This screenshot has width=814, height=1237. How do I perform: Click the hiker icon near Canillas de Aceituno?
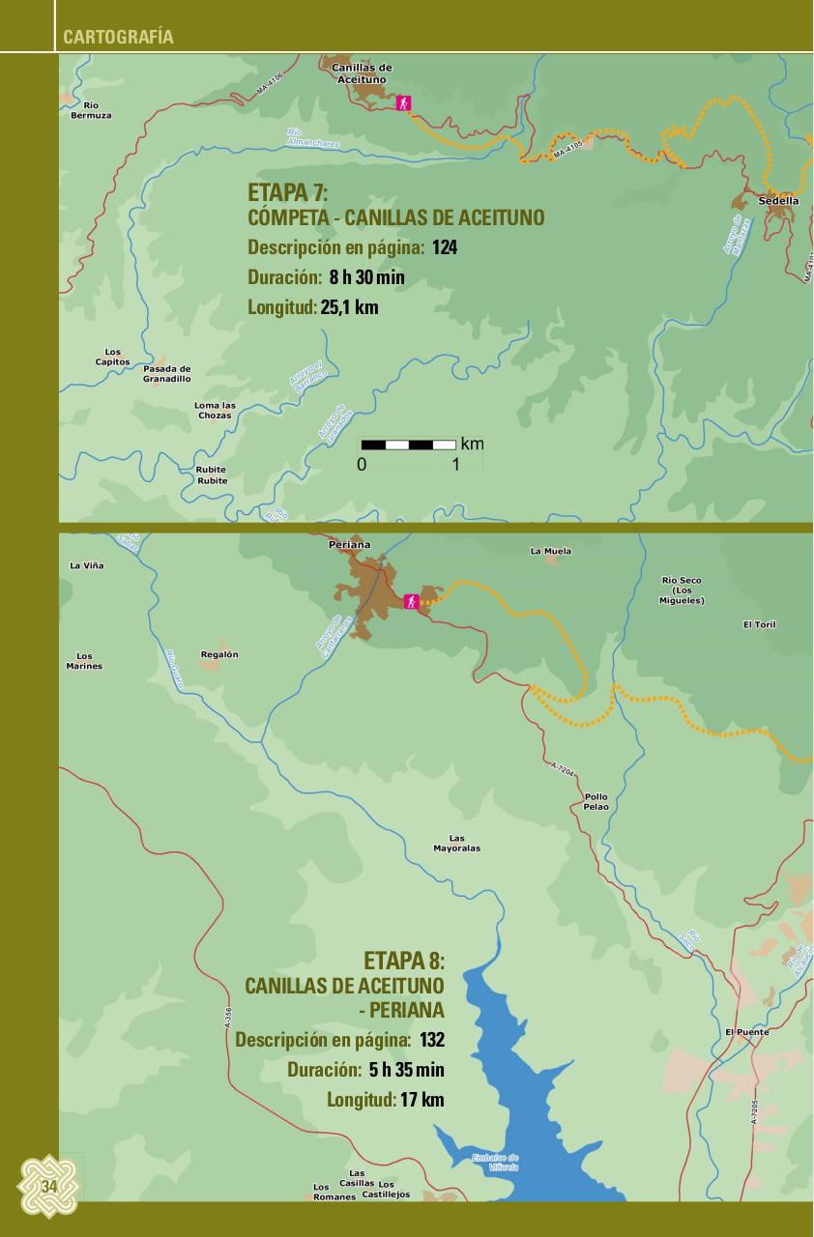pyautogui.click(x=404, y=103)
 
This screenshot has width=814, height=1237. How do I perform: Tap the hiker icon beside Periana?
pyautogui.click(x=412, y=601)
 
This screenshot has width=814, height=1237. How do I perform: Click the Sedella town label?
pyautogui.click(x=779, y=201)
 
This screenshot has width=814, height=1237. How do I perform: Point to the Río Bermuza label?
pyautogui.click(x=91, y=110)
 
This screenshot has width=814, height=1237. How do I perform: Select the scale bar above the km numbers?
pyautogui.click(x=408, y=445)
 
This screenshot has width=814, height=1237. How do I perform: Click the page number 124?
pyautogui.click(x=445, y=247)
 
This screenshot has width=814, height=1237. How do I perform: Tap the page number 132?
pyautogui.click(x=432, y=1040)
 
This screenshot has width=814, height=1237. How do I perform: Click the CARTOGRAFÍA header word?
pyautogui.click(x=118, y=38)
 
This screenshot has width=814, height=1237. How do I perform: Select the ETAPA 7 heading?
pyautogui.click(x=288, y=191)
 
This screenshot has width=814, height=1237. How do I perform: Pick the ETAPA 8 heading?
pyautogui.click(x=403, y=961)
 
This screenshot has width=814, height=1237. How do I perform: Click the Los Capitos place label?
pyautogui.click(x=112, y=357)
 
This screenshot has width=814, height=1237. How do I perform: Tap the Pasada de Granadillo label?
pyautogui.click(x=167, y=374)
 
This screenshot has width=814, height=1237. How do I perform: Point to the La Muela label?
pyautogui.click(x=551, y=551)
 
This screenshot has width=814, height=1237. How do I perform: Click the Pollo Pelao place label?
pyautogui.click(x=596, y=801)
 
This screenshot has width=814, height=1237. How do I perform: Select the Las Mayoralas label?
pyautogui.click(x=456, y=844)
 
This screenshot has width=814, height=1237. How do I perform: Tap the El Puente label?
pyautogui.click(x=747, y=1032)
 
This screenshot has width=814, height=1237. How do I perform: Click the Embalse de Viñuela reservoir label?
pyautogui.click(x=495, y=1162)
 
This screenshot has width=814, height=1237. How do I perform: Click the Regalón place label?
pyautogui.click(x=219, y=654)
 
